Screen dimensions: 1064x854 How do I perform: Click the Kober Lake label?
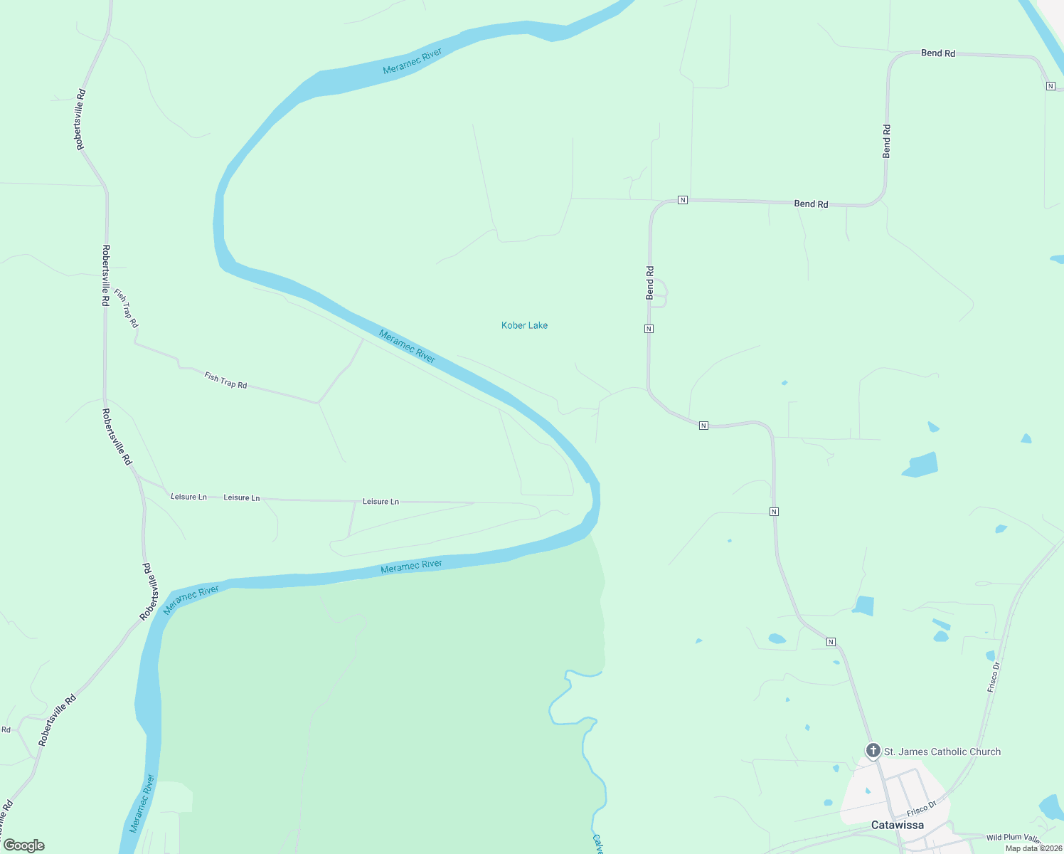pos(524,325)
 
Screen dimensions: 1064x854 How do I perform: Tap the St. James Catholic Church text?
pos(942,752)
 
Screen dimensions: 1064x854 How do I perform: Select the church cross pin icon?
pos(873,750)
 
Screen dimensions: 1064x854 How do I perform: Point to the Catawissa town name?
pos(898,825)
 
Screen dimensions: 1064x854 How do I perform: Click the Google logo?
pos(24,845)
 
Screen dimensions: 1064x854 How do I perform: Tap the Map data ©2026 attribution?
pos(1033,848)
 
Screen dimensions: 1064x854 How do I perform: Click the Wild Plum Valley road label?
pos(1014,838)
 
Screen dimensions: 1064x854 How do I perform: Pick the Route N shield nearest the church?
pos(831,642)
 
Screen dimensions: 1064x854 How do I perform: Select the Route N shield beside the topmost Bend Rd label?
pos(1050,86)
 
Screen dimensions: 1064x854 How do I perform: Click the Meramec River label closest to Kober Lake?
pos(407,346)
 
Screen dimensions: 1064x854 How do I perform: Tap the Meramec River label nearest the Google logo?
pos(142,804)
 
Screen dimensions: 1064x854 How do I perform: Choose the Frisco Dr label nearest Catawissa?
pos(922,810)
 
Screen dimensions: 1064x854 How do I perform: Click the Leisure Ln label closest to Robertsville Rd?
pos(188,497)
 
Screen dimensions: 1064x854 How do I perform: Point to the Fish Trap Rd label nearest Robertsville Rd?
pos(127,309)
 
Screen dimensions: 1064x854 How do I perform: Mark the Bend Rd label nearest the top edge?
pos(937,53)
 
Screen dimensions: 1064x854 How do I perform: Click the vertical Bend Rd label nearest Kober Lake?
pos(649,283)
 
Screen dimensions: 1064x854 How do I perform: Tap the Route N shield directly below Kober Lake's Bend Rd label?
pos(649,329)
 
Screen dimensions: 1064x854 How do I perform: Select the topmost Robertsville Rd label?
pos(81,120)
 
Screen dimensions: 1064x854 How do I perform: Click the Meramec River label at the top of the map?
pos(413,61)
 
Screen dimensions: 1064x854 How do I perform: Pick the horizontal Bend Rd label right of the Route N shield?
pos(811,204)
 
